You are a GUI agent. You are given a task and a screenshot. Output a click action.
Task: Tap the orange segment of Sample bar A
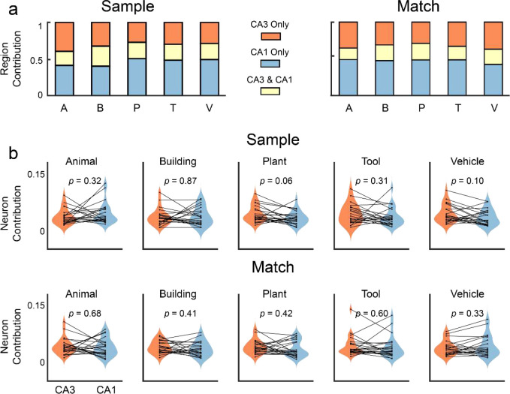click(x=64, y=37)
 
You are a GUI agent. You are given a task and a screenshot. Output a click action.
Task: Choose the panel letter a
click(x=11, y=11)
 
